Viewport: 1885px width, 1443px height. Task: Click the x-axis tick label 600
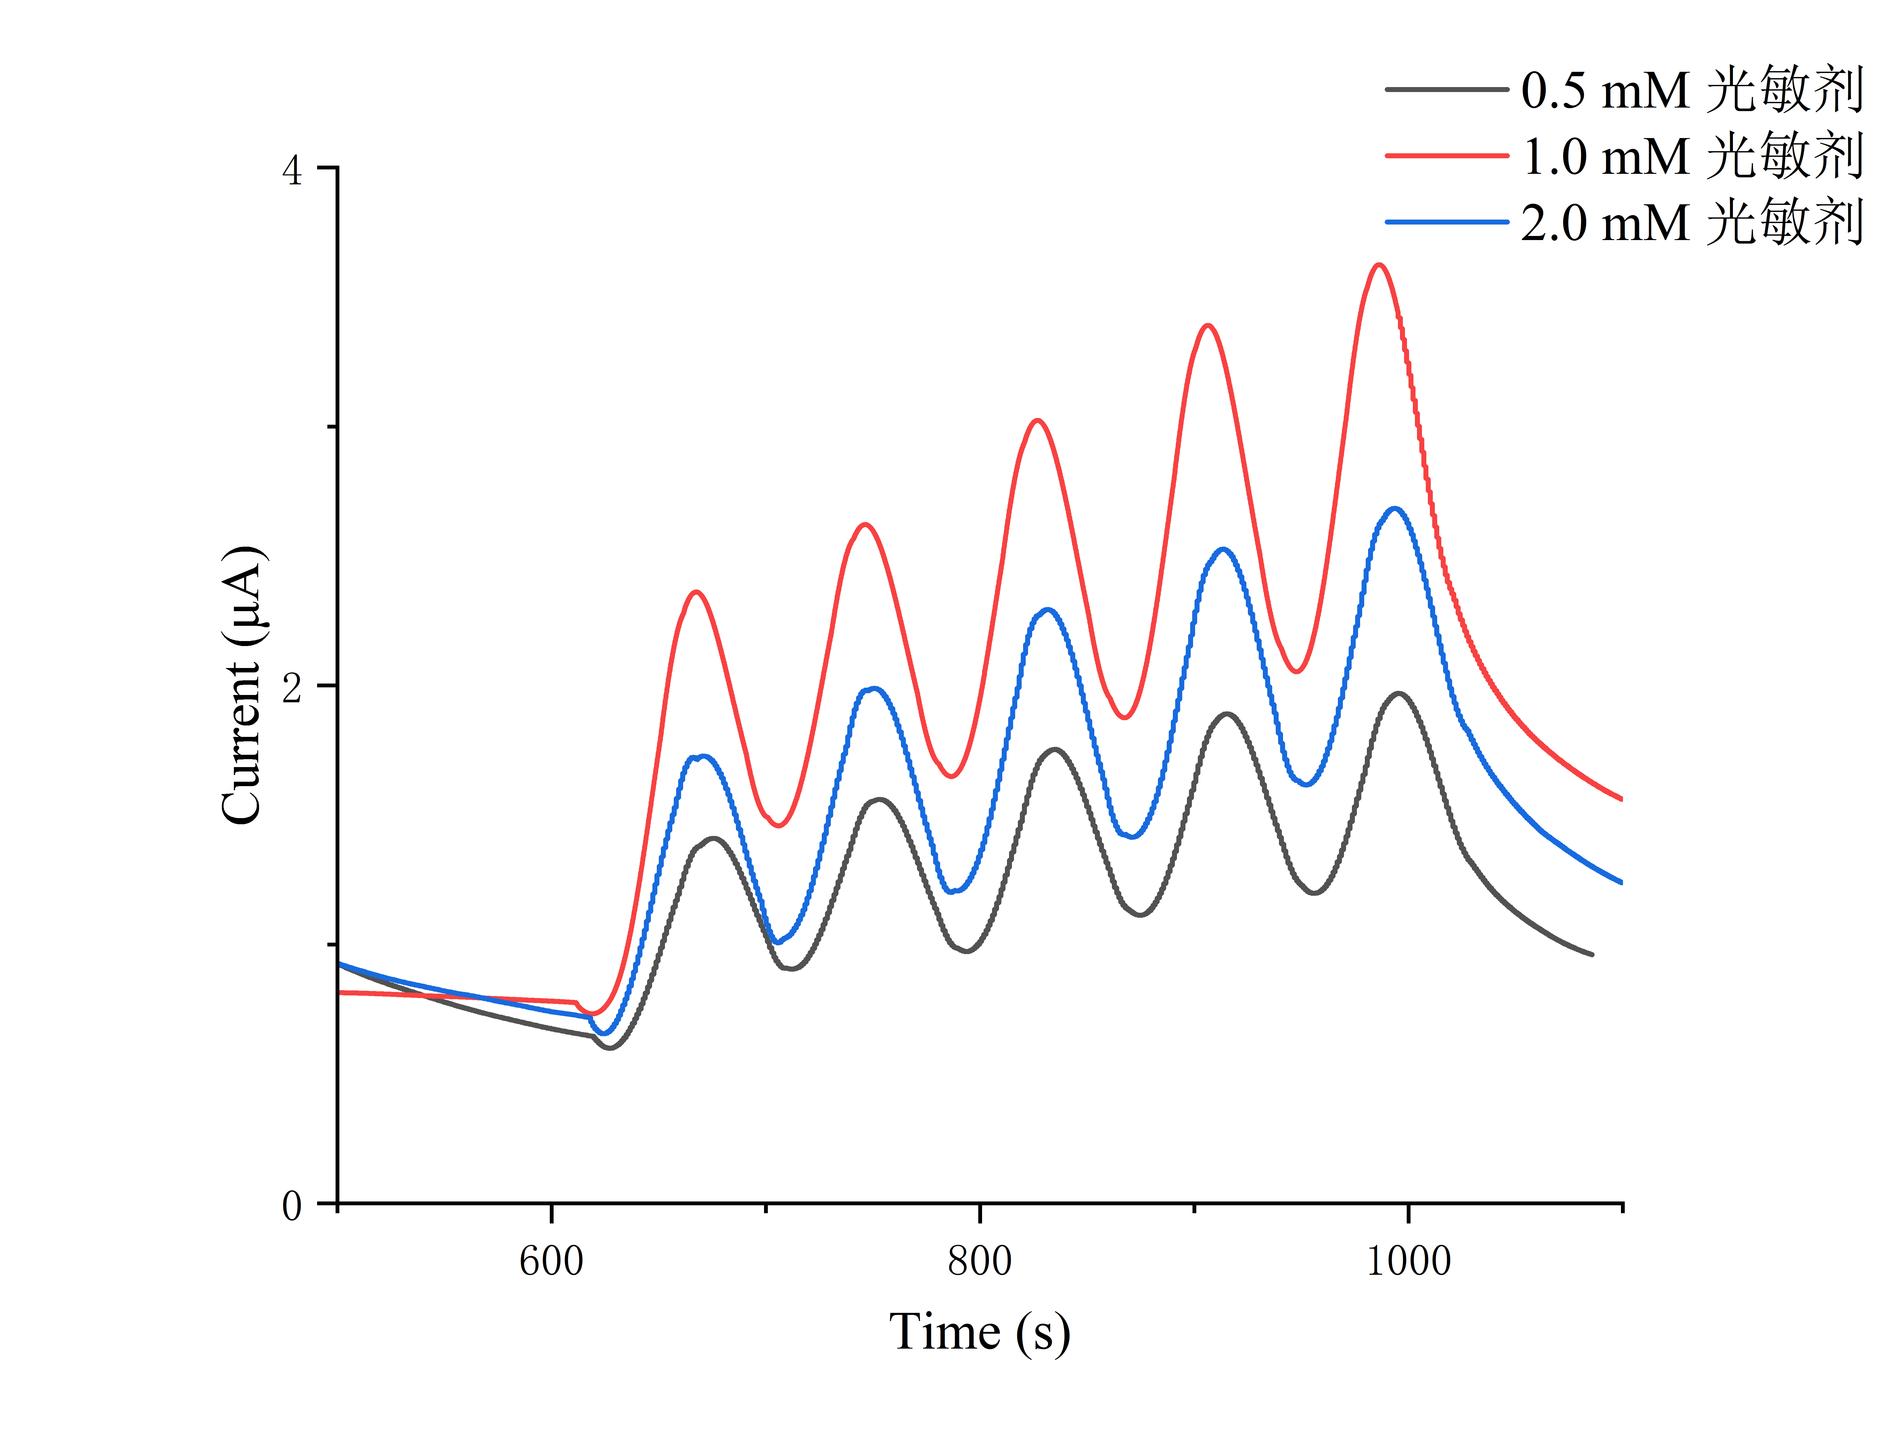coord(551,1261)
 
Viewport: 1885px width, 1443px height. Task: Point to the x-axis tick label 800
coord(980,1261)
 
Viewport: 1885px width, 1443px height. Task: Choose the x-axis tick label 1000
coord(1408,1261)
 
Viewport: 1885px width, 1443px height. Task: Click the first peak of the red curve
coord(696,592)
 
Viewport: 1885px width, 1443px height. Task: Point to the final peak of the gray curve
coord(1400,693)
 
